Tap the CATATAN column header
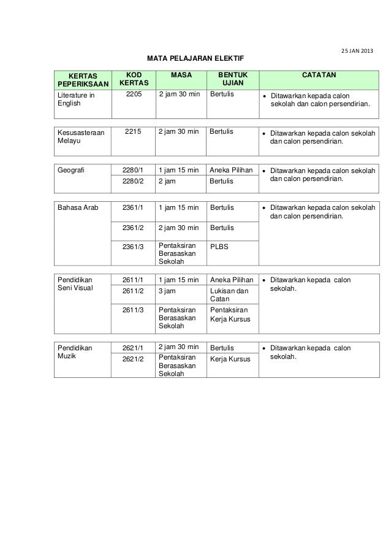pyautogui.click(x=317, y=74)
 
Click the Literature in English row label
pyautogui.click(x=76, y=100)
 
